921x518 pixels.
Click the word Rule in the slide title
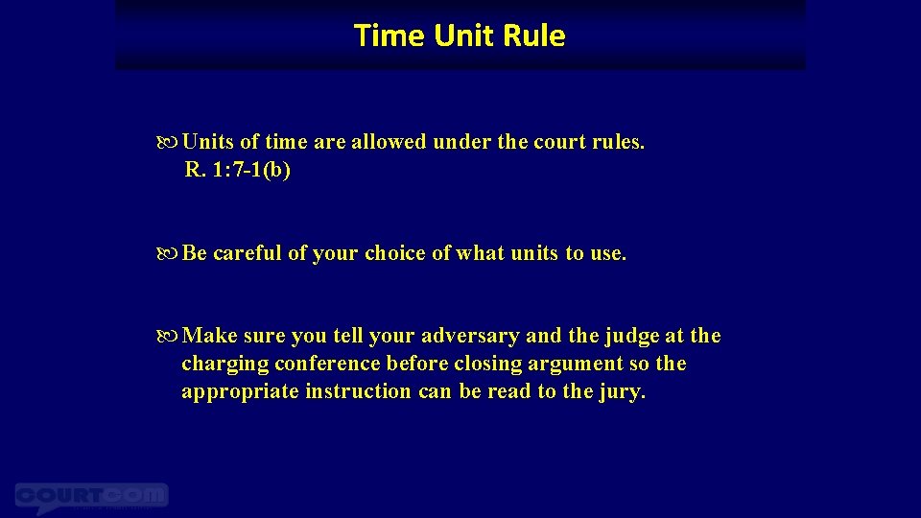pos(534,35)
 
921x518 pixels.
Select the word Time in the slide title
pos(390,35)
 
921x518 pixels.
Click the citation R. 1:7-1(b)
pos(238,171)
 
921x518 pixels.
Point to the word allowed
pos(389,143)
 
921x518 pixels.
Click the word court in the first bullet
pos(560,143)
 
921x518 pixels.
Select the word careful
pos(248,254)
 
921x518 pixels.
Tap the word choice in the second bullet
pos(396,254)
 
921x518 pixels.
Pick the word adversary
pos(466,337)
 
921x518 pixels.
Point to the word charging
pos(224,365)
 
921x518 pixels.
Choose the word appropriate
pos(240,392)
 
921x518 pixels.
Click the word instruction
pos(358,392)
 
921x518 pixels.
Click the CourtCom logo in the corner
pos(91,497)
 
